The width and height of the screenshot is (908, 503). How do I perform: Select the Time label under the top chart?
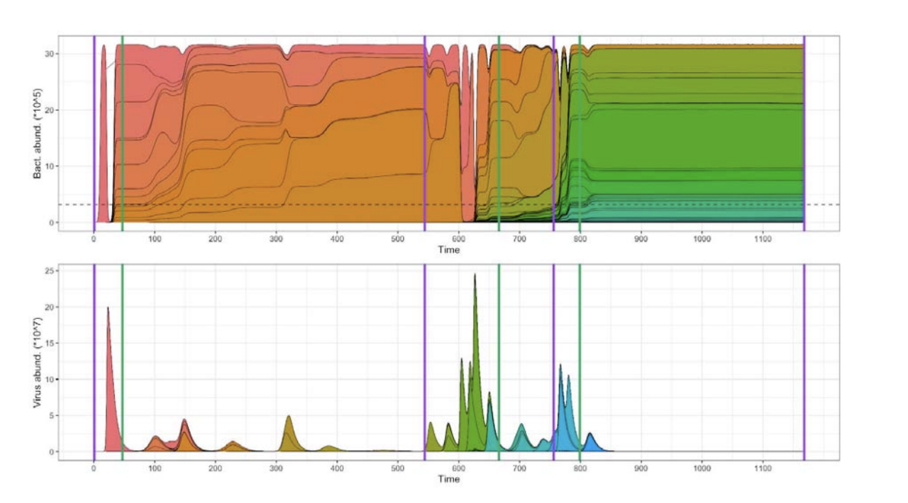448,249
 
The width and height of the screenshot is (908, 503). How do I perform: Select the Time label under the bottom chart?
448,479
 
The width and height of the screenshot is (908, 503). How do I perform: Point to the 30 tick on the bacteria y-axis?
54,54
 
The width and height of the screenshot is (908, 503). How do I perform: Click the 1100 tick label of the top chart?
763,239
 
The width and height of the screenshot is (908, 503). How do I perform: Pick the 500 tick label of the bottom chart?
397,468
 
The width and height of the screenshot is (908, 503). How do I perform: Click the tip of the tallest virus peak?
475,274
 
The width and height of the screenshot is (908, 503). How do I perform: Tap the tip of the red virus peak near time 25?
108,307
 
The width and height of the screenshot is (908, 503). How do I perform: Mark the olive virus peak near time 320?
288,416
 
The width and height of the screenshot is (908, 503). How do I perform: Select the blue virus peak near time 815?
589,433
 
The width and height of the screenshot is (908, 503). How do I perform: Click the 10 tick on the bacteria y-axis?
54,166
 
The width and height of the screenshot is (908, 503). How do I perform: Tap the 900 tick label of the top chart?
641,239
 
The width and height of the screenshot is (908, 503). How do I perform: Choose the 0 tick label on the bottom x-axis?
94,468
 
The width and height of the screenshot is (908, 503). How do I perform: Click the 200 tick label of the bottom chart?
215,468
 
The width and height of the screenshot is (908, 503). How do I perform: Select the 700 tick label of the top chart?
519,239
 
